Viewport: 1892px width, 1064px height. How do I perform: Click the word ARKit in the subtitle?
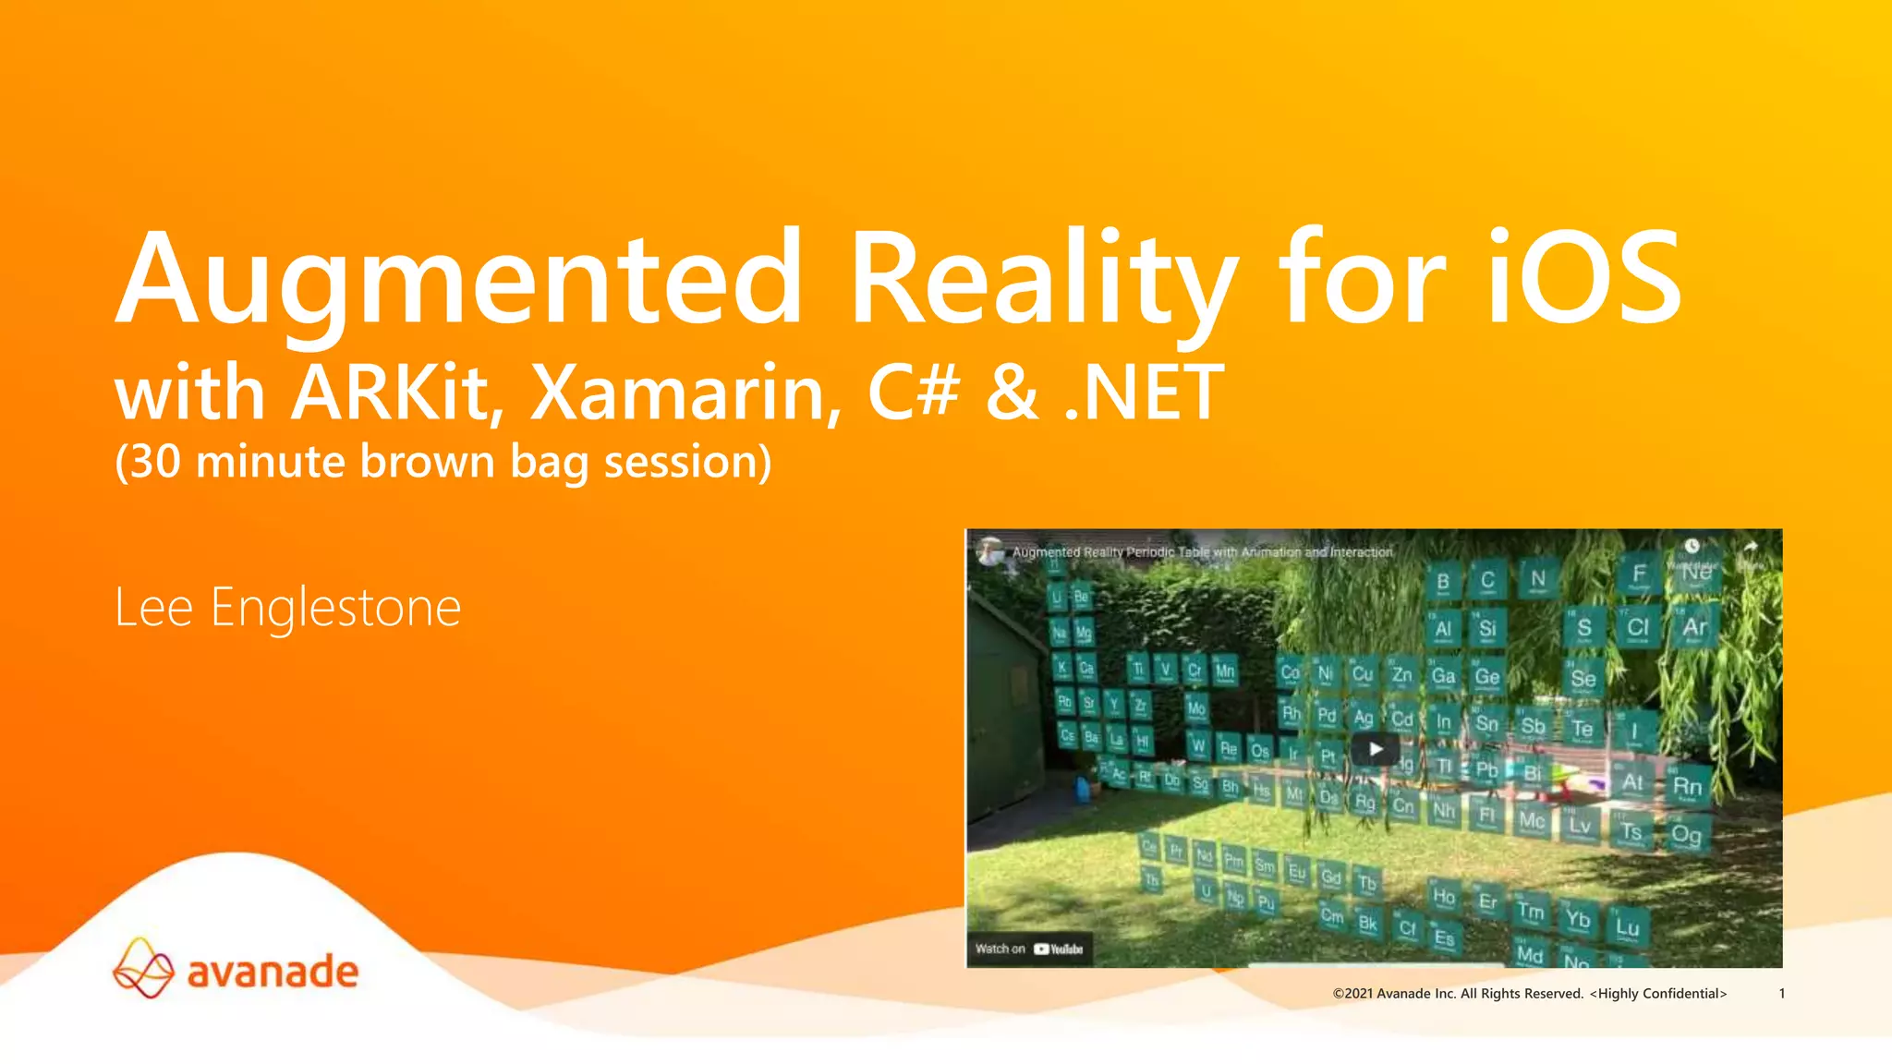tap(397, 393)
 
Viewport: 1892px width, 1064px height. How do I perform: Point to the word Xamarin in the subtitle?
tap(685, 393)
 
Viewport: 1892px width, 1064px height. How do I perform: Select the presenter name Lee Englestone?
tap(287, 608)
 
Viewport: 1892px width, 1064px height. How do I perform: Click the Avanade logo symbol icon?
tap(143, 969)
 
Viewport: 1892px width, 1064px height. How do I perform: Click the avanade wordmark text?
tap(273, 973)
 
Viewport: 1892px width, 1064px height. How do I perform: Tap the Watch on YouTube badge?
tap(1029, 949)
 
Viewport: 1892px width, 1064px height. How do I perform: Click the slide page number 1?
tap(1782, 994)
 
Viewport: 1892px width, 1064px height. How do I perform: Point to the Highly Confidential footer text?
tap(1658, 994)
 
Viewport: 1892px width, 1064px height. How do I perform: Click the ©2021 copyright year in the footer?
tap(1352, 994)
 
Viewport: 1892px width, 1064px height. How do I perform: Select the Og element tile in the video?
tap(1687, 836)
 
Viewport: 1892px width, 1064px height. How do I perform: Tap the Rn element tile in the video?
tap(1687, 787)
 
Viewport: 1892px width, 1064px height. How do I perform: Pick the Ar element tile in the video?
tap(1694, 628)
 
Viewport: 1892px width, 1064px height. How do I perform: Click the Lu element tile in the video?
tap(1627, 927)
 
